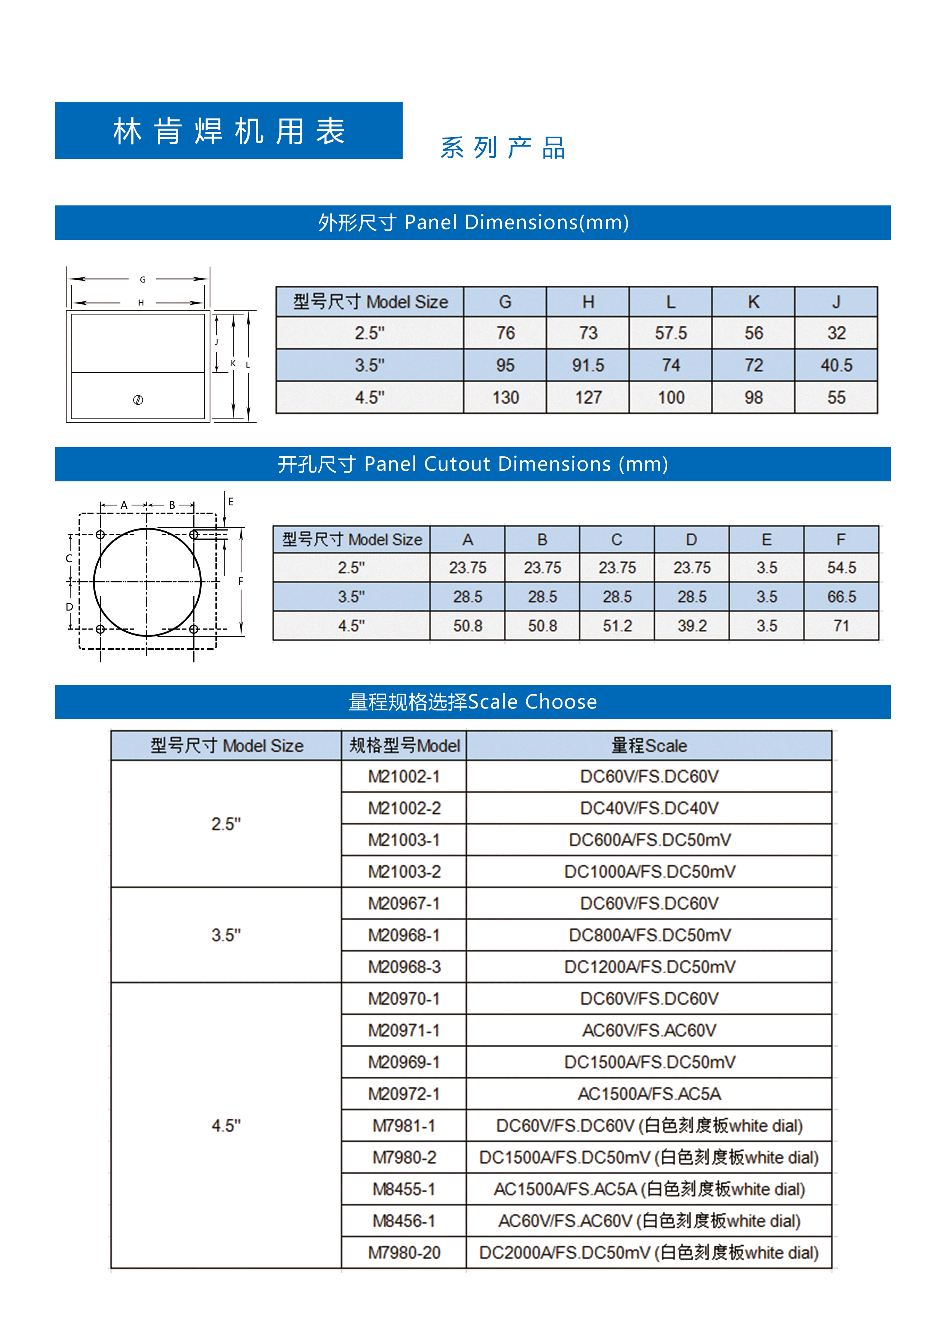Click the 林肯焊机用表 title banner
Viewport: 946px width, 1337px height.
click(x=228, y=130)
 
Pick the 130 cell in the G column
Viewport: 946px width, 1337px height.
click(x=505, y=398)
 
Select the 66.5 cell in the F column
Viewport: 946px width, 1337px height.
click(x=841, y=597)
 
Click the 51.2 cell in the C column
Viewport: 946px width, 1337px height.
click(x=617, y=626)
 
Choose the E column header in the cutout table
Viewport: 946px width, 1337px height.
click(x=766, y=540)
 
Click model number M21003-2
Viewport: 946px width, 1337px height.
click(x=404, y=872)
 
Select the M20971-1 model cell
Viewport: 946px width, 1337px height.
click(x=404, y=1031)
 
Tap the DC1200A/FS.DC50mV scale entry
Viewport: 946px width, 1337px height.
click(x=649, y=967)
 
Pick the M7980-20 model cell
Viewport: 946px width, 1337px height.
click(x=404, y=1252)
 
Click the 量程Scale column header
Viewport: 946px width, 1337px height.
click(x=649, y=746)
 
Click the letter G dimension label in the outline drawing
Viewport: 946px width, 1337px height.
click(x=143, y=279)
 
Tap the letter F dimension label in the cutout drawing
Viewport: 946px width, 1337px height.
click(x=241, y=581)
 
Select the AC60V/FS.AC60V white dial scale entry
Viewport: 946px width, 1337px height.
click(x=649, y=1221)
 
